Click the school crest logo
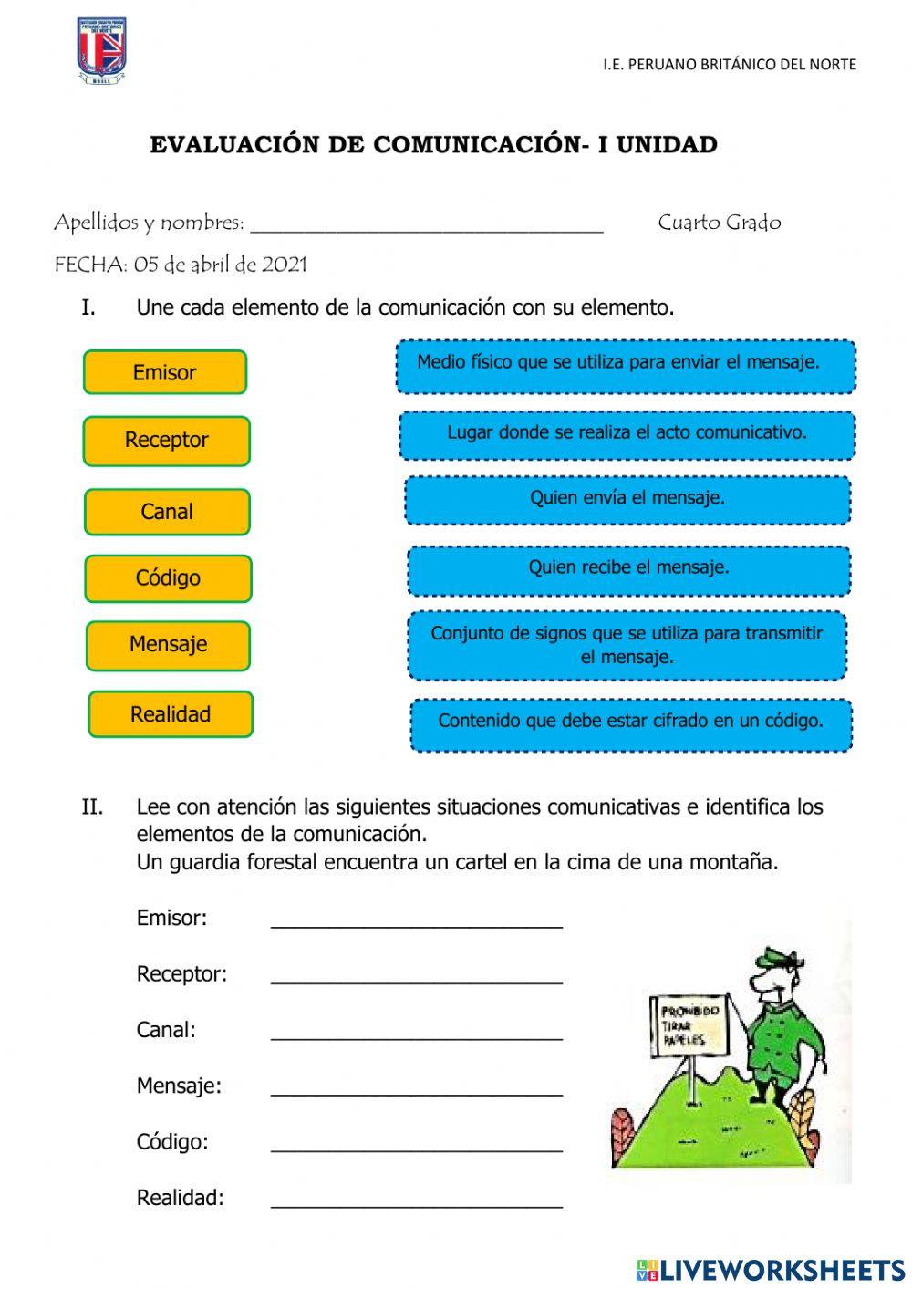[x=101, y=50]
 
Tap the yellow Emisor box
[x=165, y=372]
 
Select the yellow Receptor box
[x=167, y=441]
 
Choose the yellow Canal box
[x=167, y=512]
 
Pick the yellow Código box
[x=168, y=578]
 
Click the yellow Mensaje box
[x=169, y=645]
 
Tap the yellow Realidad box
[x=171, y=714]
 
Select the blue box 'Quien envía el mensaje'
[x=627, y=500]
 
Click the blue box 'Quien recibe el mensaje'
[x=628, y=570]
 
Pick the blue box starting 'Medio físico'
[x=626, y=366]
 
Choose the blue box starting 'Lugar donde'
[x=627, y=435]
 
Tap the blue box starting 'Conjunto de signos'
[x=627, y=646]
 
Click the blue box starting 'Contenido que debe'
[x=630, y=724]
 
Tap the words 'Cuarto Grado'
[x=720, y=223]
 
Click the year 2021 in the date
[x=285, y=265]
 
